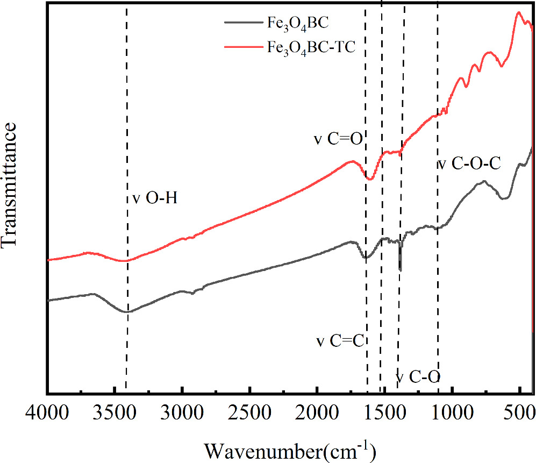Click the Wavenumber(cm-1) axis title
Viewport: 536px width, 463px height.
coord(289,448)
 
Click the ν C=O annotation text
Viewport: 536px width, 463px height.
coord(339,139)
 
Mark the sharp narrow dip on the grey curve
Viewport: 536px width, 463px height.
coord(400,268)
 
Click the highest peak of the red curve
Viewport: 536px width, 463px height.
coord(519,13)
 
